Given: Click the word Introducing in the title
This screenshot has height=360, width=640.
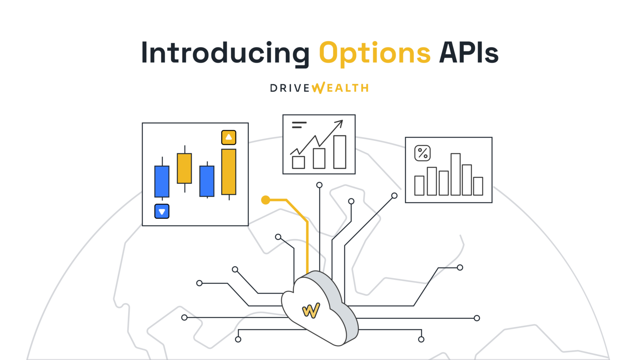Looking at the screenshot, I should [225, 53].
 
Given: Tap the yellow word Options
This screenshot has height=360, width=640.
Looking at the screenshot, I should [375, 54].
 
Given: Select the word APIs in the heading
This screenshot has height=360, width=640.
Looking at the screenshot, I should [469, 53].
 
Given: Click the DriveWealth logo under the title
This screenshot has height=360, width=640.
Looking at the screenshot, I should [319, 88].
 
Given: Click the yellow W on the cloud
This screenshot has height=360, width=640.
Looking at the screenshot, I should [311, 310].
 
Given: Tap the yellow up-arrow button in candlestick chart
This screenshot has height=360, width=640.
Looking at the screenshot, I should [229, 137].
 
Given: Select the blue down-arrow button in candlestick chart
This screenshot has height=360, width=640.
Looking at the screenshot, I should [162, 211].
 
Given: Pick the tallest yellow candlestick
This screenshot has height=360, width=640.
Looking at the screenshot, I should [229, 172].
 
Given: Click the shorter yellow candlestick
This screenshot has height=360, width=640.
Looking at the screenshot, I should [184, 168].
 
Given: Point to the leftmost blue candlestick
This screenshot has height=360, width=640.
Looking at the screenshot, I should [162, 181].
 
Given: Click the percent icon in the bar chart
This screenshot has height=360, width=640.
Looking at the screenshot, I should [422, 153].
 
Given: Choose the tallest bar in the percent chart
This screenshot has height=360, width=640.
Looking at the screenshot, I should [455, 174].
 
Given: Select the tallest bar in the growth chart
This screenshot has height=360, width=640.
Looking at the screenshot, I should [340, 152].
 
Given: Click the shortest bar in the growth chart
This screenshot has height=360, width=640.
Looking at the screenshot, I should [298, 162].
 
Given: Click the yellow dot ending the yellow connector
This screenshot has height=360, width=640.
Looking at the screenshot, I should [265, 200].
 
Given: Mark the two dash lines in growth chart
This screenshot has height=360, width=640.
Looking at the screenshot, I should [299, 125].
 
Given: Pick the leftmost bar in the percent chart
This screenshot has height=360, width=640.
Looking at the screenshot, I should [419, 185].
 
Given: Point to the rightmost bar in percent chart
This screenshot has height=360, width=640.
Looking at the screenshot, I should [478, 186].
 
